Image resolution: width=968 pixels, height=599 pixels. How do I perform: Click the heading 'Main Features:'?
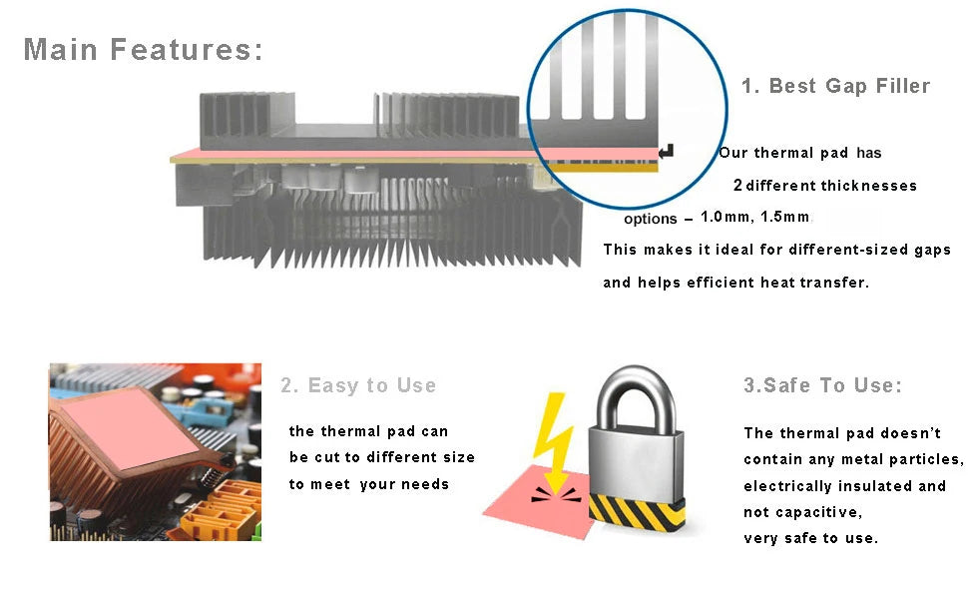[x=143, y=49]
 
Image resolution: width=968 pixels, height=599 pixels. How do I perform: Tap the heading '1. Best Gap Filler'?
[x=835, y=86]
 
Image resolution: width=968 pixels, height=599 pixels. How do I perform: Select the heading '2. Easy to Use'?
[x=358, y=385]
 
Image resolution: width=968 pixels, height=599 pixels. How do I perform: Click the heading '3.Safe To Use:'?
[x=822, y=385]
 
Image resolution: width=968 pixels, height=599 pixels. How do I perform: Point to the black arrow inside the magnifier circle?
[x=667, y=151]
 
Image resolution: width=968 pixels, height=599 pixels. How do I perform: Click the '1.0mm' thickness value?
[x=724, y=217]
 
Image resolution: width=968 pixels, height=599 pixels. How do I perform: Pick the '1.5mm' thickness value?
[x=783, y=217]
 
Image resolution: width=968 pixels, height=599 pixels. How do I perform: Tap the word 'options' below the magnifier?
[x=650, y=220]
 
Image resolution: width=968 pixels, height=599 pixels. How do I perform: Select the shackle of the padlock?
[x=637, y=399]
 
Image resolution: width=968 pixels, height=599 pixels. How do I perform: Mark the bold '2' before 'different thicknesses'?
[x=737, y=186]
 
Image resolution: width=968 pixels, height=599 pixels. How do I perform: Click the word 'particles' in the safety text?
[x=928, y=459]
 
